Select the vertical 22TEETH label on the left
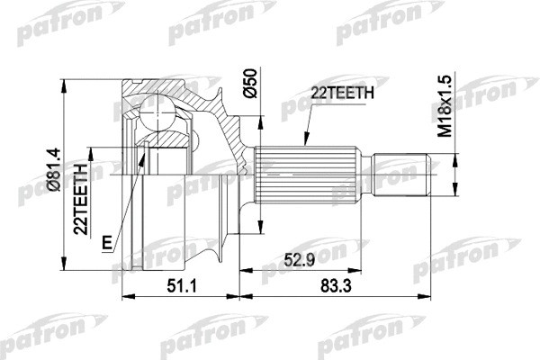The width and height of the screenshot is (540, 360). (84, 199)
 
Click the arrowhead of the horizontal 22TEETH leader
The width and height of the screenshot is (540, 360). (305, 144)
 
